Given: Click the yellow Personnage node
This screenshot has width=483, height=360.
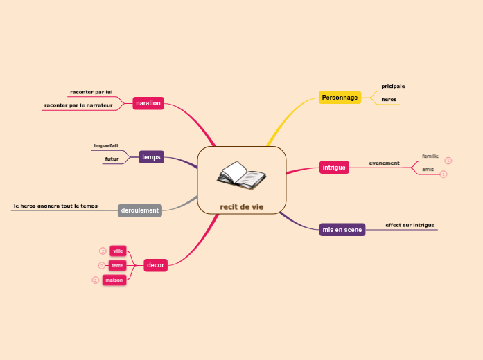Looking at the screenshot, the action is (x=340, y=98).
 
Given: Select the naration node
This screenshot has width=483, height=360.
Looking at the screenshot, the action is (x=148, y=103).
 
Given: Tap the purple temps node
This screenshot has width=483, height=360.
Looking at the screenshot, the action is (x=151, y=157).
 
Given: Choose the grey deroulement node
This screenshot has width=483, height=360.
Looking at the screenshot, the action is (x=140, y=210).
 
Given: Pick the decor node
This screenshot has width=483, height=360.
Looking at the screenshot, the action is (x=155, y=265).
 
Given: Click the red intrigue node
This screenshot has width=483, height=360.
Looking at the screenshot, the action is (x=333, y=167).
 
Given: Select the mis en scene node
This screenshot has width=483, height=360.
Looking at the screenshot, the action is (x=342, y=229).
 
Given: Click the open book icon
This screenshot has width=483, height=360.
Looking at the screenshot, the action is (x=241, y=175).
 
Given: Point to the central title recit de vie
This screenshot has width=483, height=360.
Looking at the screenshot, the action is (x=242, y=206).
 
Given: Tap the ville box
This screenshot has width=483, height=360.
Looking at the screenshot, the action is (x=118, y=251).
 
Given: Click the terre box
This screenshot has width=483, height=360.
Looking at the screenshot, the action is (x=117, y=265).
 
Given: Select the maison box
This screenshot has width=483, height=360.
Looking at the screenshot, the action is (x=114, y=280).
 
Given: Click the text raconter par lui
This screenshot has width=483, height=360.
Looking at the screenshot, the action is (x=91, y=91).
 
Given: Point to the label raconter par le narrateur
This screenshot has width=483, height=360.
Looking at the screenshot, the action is (x=78, y=105).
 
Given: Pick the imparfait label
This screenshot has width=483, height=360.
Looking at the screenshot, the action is (x=106, y=145).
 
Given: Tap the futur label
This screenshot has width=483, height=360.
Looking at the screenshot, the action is (x=112, y=159).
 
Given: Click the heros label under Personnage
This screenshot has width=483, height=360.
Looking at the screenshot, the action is (x=389, y=100).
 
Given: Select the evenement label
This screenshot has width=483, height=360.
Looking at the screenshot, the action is (x=384, y=163).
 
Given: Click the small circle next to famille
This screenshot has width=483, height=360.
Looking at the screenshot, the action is (x=448, y=161).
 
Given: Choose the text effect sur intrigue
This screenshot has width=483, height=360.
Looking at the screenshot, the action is (x=410, y=225).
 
